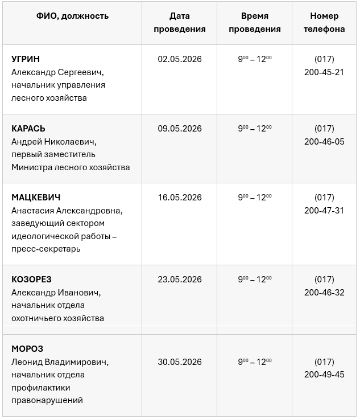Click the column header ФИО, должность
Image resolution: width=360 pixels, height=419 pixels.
72,16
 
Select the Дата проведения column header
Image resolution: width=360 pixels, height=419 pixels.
180,23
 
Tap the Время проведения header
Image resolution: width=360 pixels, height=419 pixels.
254,23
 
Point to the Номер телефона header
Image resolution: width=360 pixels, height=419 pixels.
324,23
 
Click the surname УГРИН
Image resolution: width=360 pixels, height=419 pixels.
26,59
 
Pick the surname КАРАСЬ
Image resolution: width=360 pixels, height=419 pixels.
28,128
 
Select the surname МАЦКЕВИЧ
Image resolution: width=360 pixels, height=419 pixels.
36,198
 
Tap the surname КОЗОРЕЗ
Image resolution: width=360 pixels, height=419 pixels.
31,280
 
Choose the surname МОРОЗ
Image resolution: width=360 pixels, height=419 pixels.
27,348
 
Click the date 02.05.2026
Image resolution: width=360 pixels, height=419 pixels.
180,59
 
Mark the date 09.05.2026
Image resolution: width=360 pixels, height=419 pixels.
180,128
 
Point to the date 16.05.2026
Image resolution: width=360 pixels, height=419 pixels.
180,198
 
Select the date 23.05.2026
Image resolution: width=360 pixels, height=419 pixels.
180,280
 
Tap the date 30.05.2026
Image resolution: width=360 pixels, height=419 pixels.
180,362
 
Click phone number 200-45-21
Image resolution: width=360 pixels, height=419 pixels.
324,72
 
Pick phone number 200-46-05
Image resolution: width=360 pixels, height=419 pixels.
324,141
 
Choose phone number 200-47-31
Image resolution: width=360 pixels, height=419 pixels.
324,211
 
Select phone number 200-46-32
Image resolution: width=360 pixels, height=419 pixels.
324,293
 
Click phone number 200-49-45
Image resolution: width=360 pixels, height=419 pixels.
324,375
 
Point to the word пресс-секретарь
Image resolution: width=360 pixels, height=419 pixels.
46,249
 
